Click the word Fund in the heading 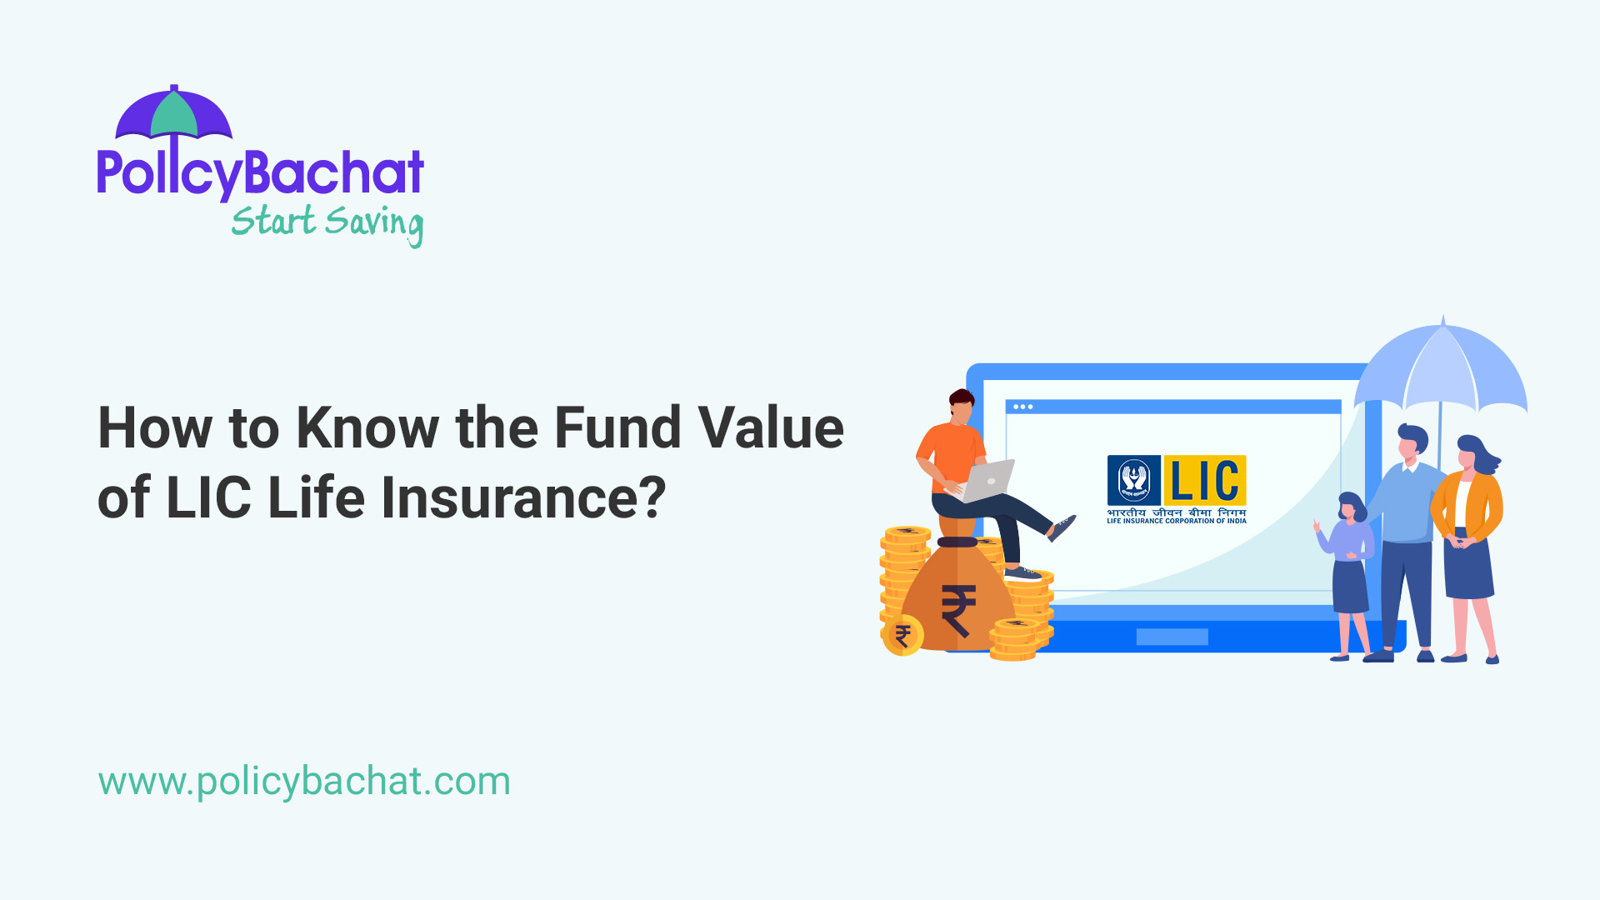[617, 427]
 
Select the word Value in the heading [771, 427]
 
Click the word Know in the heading [367, 427]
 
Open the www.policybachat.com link [304, 782]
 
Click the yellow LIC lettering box [1204, 481]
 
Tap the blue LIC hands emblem [1134, 481]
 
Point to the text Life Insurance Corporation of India [1176, 521]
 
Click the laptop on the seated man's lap [988, 482]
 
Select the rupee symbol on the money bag [958, 610]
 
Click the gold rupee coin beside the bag [902, 637]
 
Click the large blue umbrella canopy [1442, 367]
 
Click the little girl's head [1350, 507]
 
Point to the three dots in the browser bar [1023, 407]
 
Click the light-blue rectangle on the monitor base [1172, 637]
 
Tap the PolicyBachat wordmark [260, 173]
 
